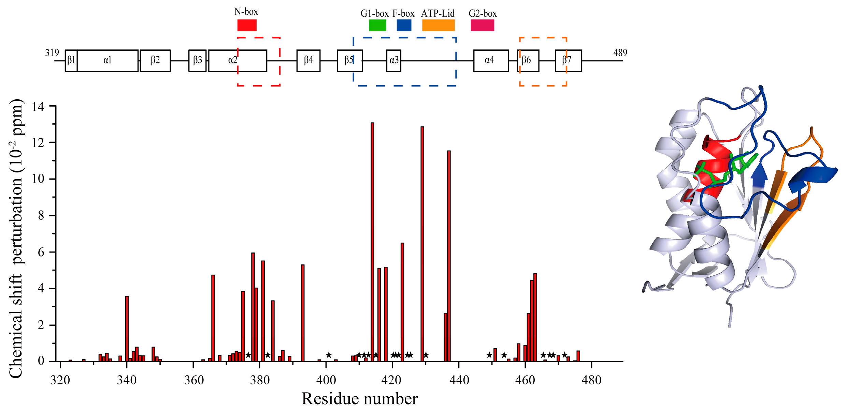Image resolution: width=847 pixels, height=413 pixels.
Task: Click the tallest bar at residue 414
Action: pyautogui.click(x=372, y=242)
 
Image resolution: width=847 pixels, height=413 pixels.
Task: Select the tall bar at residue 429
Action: pyautogui.click(x=422, y=244)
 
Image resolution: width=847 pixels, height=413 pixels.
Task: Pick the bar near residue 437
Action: pyautogui.click(x=449, y=256)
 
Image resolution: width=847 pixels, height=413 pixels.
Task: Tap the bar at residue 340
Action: pyautogui.click(x=127, y=329)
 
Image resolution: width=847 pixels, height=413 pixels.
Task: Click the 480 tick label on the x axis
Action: pyautogui.click(x=591, y=380)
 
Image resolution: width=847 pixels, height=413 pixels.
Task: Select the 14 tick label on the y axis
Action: pyautogui.click(x=38, y=107)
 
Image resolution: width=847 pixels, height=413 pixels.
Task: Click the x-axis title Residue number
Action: pyautogui.click(x=359, y=399)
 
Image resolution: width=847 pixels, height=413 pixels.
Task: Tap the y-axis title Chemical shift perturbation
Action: pyautogui.click(x=16, y=239)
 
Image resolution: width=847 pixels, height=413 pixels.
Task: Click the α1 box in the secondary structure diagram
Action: pyautogui.click(x=107, y=61)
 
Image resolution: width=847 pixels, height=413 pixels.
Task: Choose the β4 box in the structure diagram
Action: pyautogui.click(x=308, y=61)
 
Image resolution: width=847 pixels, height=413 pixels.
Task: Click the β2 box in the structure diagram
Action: pyautogui.click(x=155, y=61)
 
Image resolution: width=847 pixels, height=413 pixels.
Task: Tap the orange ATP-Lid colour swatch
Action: pyautogui.click(x=438, y=25)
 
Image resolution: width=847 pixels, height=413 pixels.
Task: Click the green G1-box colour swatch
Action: pyautogui.click(x=377, y=25)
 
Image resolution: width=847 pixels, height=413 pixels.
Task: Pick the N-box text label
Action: pyautogui.click(x=246, y=12)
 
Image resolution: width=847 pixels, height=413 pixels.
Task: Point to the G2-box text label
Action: pyautogui.click(x=483, y=14)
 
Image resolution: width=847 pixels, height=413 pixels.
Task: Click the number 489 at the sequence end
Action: pyautogui.click(x=620, y=53)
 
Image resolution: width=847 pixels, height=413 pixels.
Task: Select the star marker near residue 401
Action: pyautogui.click(x=329, y=355)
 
